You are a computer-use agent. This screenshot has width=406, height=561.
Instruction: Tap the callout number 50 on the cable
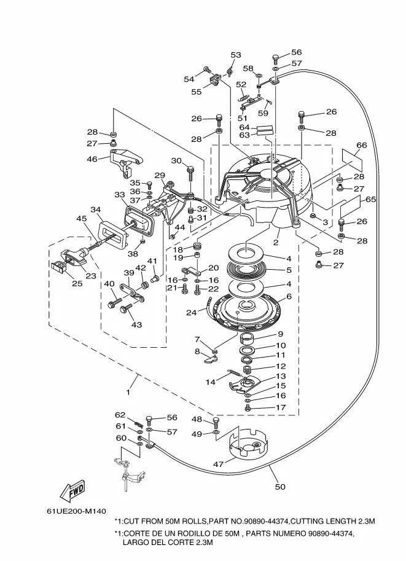pyautogui.click(x=280, y=487)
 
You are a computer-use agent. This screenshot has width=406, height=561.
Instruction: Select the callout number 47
pyautogui.click(x=218, y=465)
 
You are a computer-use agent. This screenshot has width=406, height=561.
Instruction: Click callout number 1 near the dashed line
pyautogui.click(x=129, y=391)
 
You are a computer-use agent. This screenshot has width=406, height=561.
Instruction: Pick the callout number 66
pyautogui.click(x=362, y=145)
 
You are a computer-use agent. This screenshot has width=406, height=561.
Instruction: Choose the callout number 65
pyautogui.click(x=370, y=199)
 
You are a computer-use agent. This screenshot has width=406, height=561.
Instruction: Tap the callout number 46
pyautogui.click(x=93, y=159)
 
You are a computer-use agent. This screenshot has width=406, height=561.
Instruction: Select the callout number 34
pyautogui.click(x=96, y=210)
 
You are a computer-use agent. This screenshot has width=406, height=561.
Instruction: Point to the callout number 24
pyautogui.click(x=191, y=312)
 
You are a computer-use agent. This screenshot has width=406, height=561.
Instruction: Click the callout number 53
pyautogui.click(x=236, y=55)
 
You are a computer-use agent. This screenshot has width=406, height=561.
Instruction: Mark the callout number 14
pyautogui.click(x=211, y=382)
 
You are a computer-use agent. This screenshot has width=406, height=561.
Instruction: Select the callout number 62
pyautogui.click(x=120, y=415)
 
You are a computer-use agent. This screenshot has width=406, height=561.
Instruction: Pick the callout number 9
pyautogui.click(x=279, y=335)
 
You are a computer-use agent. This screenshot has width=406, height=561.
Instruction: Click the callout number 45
pyautogui.click(x=81, y=218)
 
